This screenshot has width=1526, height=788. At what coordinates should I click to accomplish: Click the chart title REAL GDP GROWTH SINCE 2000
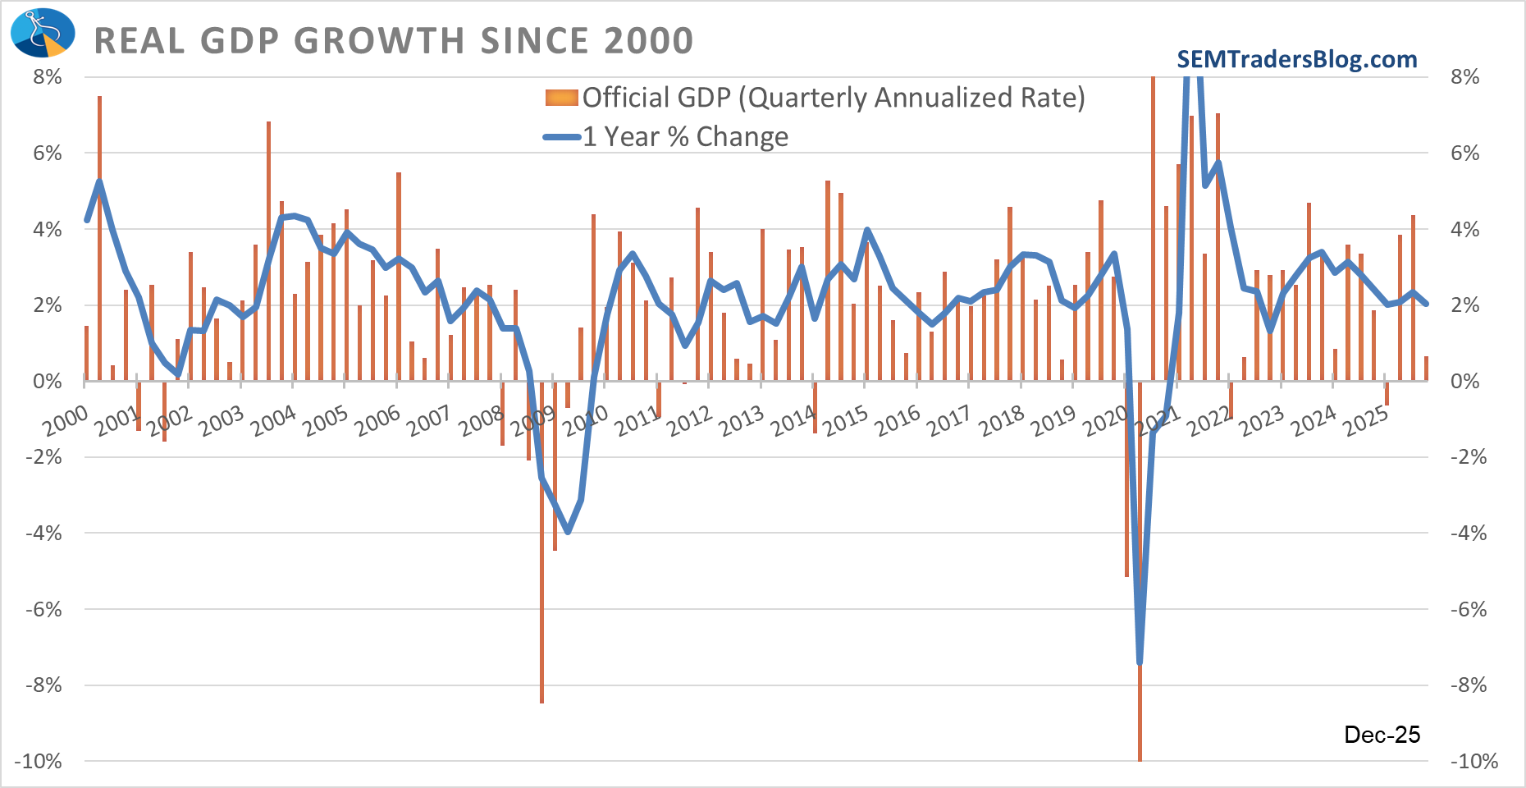coord(394,41)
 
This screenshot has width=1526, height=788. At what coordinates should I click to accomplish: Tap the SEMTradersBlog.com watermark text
coord(1296,59)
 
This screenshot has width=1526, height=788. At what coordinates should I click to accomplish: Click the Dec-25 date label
coord(1382,735)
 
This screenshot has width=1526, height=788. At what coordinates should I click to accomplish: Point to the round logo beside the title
coord(43,33)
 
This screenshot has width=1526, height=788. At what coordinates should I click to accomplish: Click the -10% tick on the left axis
coord(38,761)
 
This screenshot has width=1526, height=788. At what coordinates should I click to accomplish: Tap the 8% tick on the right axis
coord(1464,77)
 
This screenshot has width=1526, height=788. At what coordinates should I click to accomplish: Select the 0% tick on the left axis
coord(48,381)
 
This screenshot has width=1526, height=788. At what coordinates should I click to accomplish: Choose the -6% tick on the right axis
coord(1468,609)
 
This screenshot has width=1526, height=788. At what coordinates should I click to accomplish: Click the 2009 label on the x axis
coord(533,421)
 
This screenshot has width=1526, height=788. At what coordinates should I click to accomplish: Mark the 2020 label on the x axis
coord(1105,421)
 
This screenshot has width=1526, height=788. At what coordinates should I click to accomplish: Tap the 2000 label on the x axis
coord(66,421)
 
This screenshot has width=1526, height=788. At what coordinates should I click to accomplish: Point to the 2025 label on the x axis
coord(1365,421)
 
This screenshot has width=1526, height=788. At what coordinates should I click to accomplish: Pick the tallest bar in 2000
coord(99,238)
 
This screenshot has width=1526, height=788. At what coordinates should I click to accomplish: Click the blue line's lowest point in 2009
coord(568,532)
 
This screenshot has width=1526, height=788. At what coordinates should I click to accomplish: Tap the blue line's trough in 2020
coord(1140,662)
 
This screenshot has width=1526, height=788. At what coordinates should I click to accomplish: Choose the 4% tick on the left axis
coord(48,229)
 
